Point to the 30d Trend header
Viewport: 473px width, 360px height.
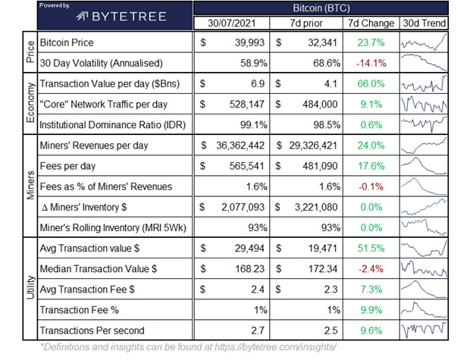(x=424, y=23)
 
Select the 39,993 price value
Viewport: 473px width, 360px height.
(x=246, y=43)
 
